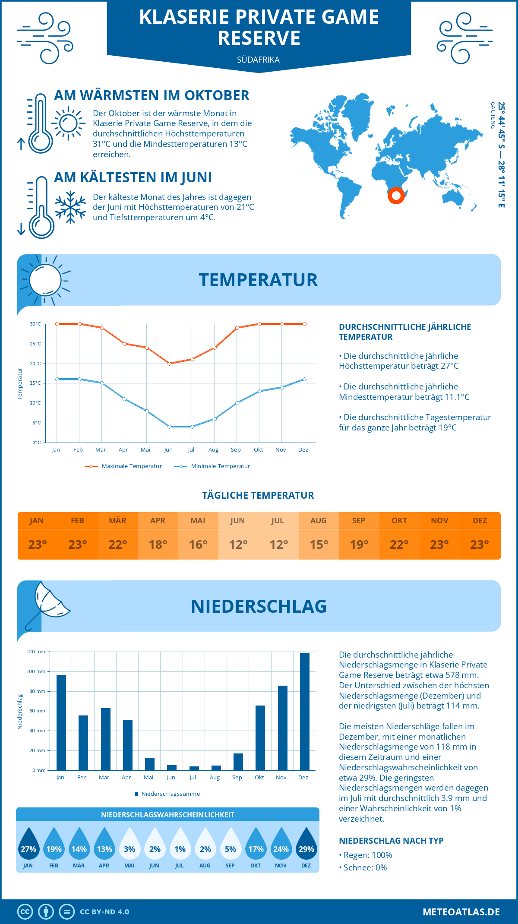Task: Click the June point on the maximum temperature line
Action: [x=169, y=364]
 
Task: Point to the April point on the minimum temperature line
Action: [x=124, y=399]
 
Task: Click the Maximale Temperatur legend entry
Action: [x=124, y=466]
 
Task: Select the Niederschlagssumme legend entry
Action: [x=167, y=794]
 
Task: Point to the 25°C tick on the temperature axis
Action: [x=35, y=344]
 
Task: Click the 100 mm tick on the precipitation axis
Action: [x=36, y=671]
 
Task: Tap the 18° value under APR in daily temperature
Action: [x=158, y=544]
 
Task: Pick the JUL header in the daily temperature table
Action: [x=277, y=521]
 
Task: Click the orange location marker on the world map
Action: [x=396, y=196]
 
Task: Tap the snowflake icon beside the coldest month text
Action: [x=70, y=207]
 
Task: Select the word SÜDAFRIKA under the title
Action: [x=258, y=60]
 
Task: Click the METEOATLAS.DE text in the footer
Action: [x=461, y=912]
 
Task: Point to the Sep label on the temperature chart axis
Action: [x=236, y=450]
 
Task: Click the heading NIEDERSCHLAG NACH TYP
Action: [x=391, y=841]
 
